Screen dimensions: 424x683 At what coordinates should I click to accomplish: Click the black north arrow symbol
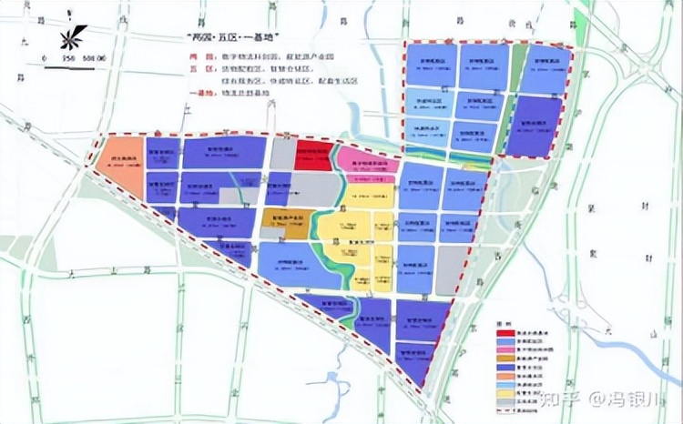tap(70, 39)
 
